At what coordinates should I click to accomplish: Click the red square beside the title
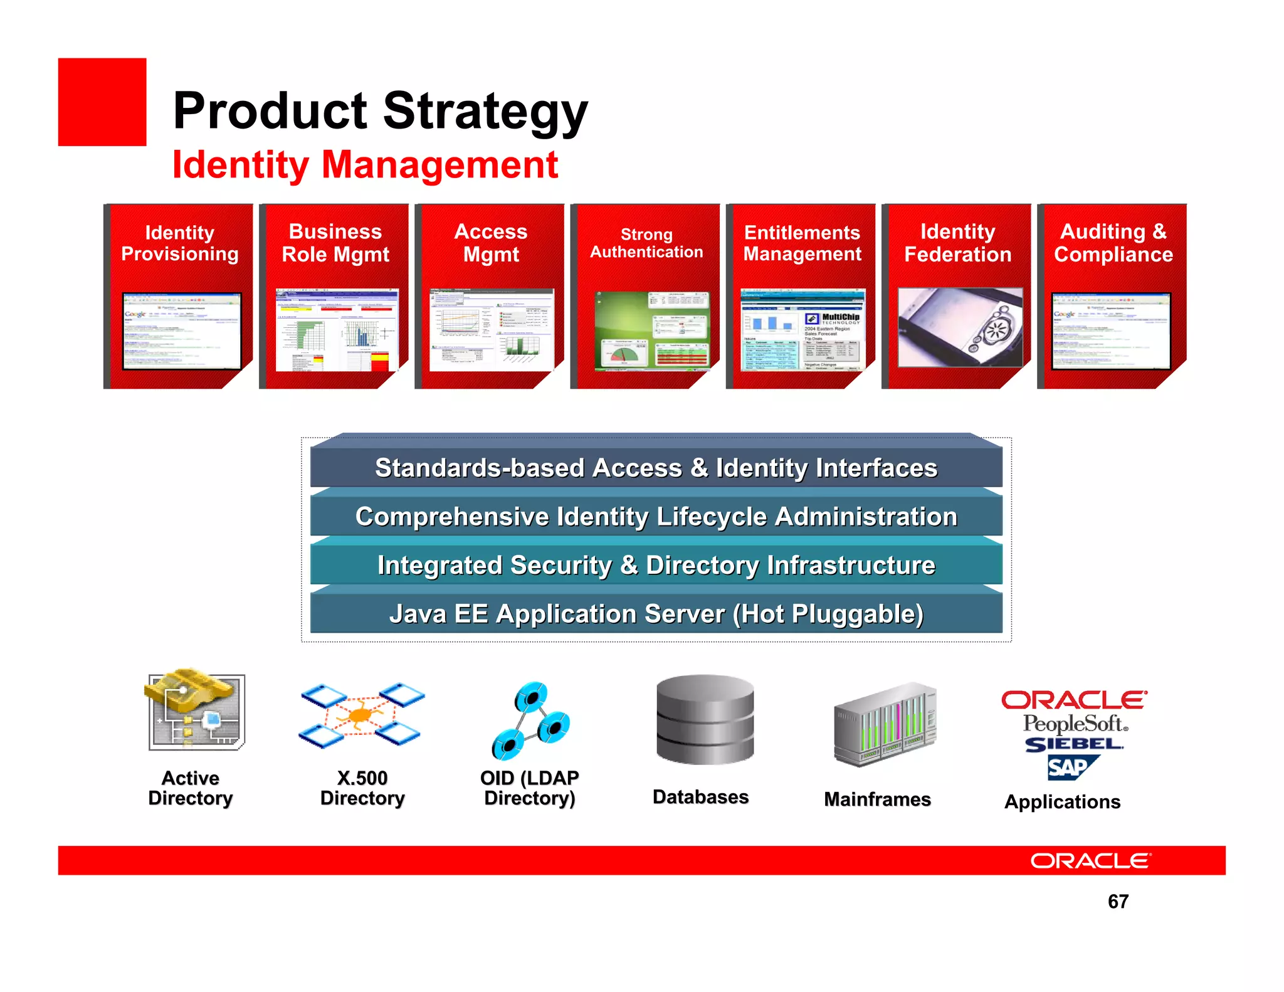click(102, 102)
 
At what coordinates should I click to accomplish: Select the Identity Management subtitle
click(365, 165)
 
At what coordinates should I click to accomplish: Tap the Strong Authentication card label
click(646, 243)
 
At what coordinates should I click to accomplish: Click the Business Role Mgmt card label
click(335, 243)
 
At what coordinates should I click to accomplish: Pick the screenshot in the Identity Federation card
click(960, 327)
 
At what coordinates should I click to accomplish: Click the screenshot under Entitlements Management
click(802, 330)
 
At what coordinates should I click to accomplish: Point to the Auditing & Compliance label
click(1113, 243)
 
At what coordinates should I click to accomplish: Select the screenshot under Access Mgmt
click(492, 330)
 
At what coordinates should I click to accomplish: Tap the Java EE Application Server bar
click(656, 614)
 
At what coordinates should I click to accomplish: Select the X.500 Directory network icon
click(362, 715)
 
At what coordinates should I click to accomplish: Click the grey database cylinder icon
click(705, 719)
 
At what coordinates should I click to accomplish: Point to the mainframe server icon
click(885, 724)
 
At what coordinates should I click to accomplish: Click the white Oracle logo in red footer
click(1090, 861)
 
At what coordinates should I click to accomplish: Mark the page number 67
click(1118, 902)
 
